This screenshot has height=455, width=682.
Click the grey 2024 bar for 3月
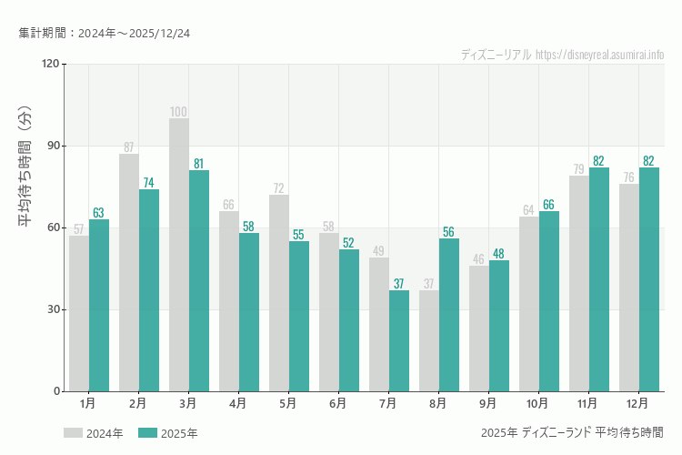pyautogui.click(x=179, y=255)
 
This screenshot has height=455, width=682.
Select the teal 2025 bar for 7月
pyautogui.click(x=399, y=341)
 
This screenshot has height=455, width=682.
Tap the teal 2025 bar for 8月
pyautogui.click(x=449, y=315)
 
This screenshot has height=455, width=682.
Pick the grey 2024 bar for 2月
pyautogui.click(x=129, y=273)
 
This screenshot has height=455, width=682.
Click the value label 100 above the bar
pyautogui.click(x=179, y=112)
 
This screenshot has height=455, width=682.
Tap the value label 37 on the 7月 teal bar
pyautogui.click(x=399, y=284)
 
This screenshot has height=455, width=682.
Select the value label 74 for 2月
pyautogui.click(x=149, y=183)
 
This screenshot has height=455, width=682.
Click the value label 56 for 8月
pyautogui.click(x=449, y=232)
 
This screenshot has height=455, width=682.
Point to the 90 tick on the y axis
pyautogui.click(x=51, y=146)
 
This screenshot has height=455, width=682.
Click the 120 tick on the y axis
pyautogui.click(x=49, y=64)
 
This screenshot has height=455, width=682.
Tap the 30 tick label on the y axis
pyautogui.click(x=51, y=309)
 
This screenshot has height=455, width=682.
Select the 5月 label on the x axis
pyautogui.click(x=288, y=402)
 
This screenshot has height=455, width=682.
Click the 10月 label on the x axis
pyautogui.click(x=537, y=402)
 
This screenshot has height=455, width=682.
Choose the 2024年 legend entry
pyautogui.click(x=94, y=433)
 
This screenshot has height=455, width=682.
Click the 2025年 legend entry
pyautogui.click(x=168, y=433)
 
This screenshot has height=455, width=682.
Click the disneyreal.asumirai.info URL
pyautogui.click(x=600, y=55)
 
